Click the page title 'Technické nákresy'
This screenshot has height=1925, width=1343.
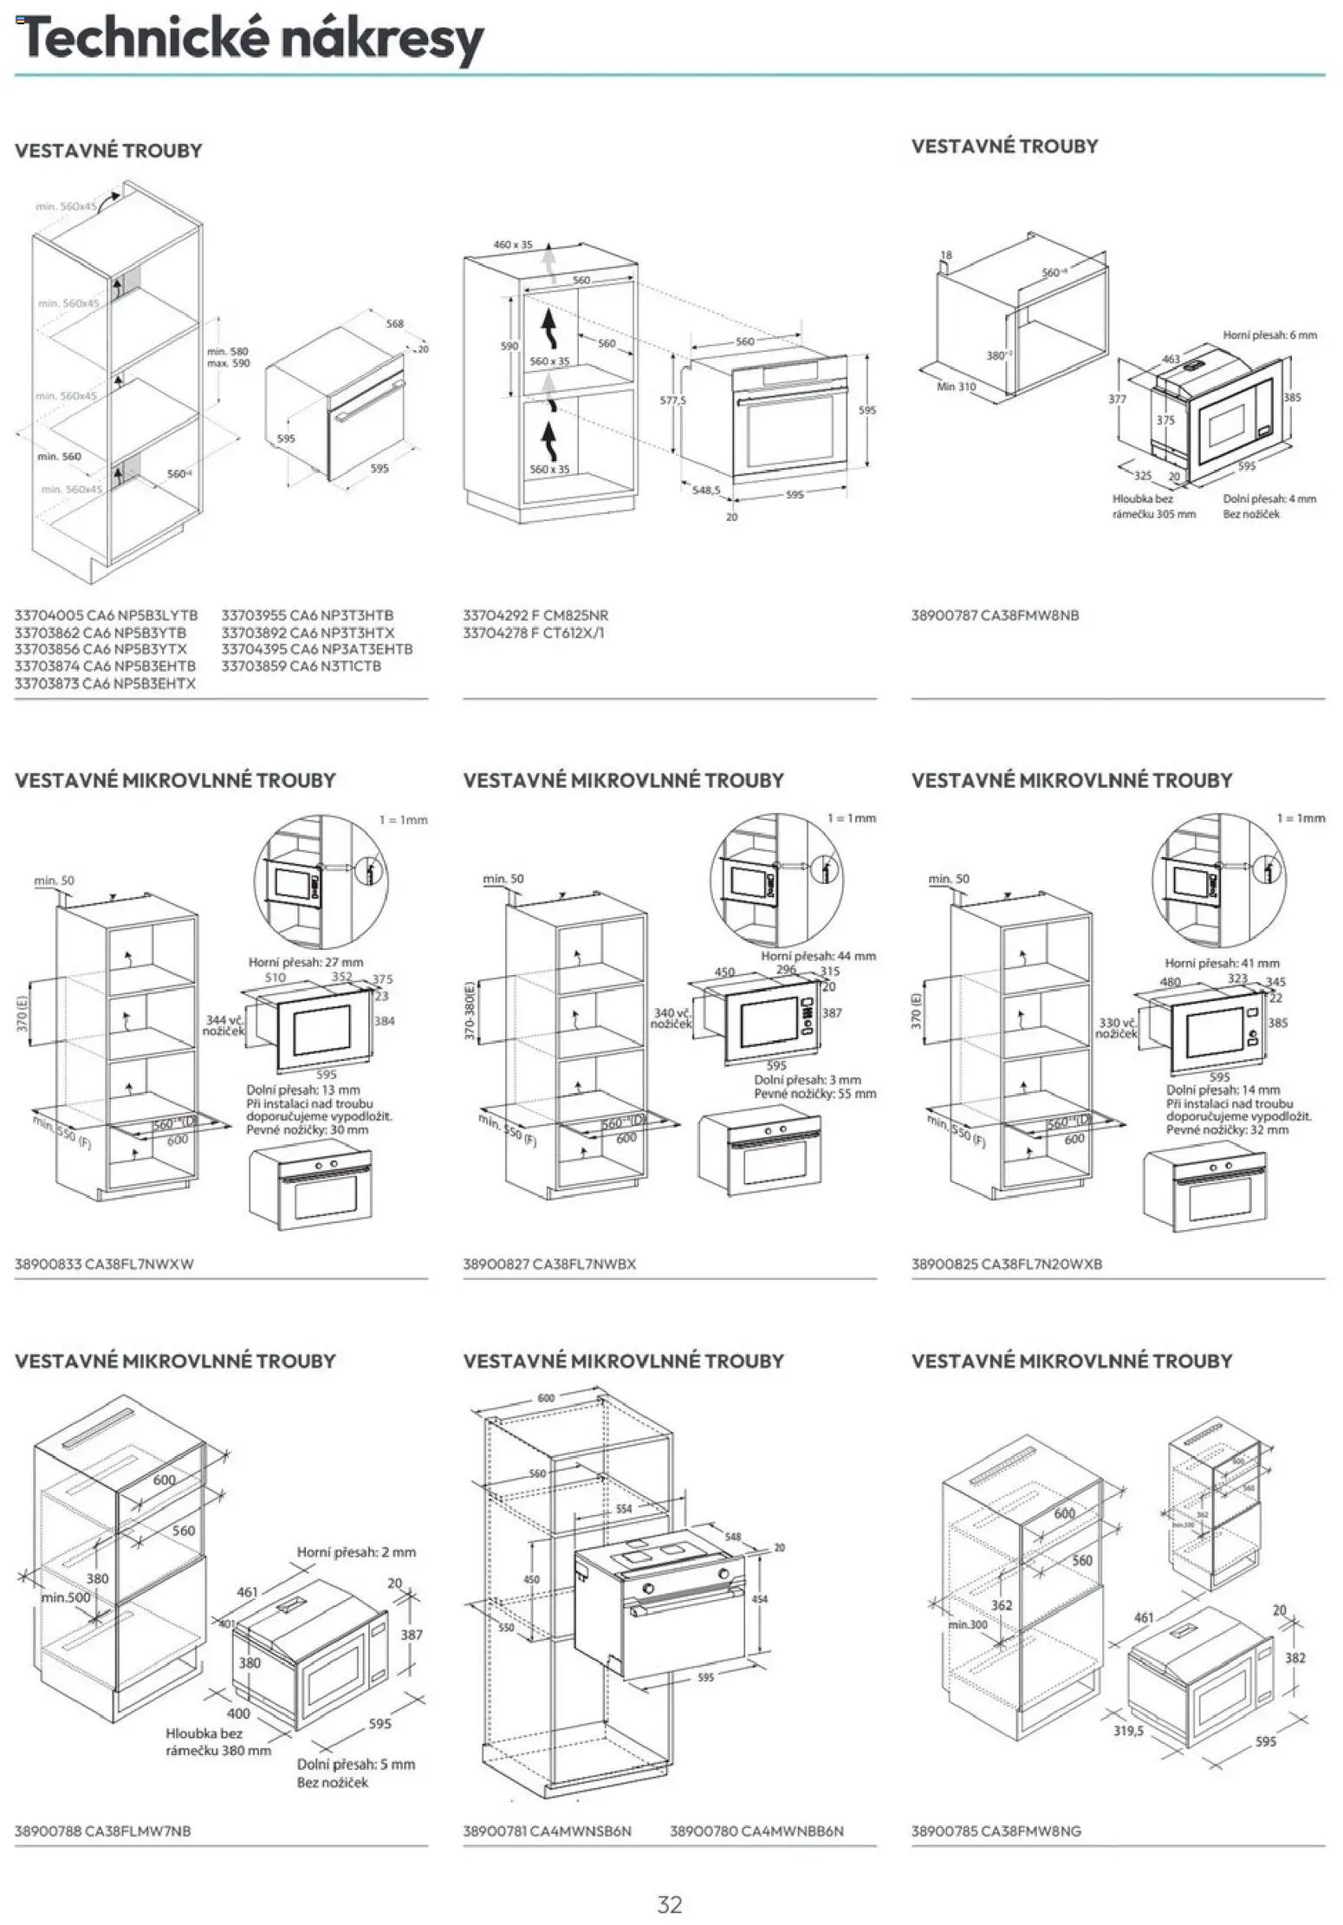[249, 39]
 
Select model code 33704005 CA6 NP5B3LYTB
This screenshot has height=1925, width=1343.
[106, 615]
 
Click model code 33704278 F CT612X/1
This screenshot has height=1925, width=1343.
[534, 633]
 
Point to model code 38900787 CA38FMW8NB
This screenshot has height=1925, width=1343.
[995, 615]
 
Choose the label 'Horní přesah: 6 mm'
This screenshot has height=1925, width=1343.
[1269, 335]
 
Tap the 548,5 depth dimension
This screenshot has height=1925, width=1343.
[706, 490]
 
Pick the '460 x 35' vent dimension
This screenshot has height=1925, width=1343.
[513, 245]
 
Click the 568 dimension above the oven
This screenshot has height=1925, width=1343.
[394, 323]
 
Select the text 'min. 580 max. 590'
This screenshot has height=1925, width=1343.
[228, 357]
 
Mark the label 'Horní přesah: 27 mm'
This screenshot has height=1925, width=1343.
[306, 962]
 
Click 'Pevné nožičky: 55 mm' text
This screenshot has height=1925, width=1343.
[814, 1094]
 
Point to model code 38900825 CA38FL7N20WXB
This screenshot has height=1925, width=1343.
[1006, 1264]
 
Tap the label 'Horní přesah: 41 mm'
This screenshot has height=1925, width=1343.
[1222, 963]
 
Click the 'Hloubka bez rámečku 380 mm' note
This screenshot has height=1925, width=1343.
[218, 1742]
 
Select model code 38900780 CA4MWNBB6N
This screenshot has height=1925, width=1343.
[756, 1831]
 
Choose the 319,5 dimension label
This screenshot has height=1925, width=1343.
[1128, 1730]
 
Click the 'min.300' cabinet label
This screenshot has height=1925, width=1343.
[967, 1624]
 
